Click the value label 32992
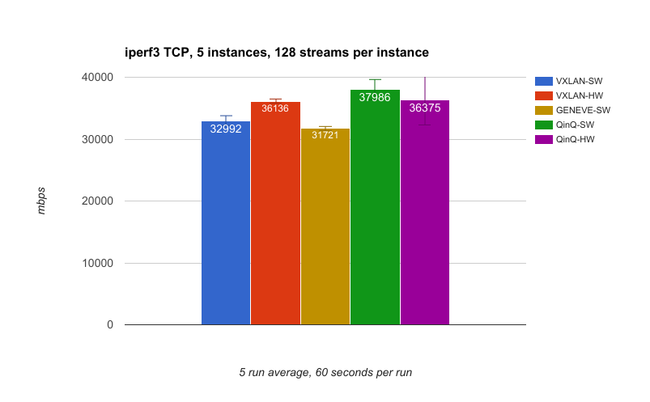click(226, 129)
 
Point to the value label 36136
click(275, 108)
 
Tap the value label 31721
click(325, 135)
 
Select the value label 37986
click(375, 97)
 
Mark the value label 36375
click(425, 108)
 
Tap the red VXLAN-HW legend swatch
click(544, 95)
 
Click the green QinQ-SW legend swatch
click(544, 125)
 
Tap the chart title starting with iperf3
click(275, 53)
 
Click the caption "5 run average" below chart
click(325, 372)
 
